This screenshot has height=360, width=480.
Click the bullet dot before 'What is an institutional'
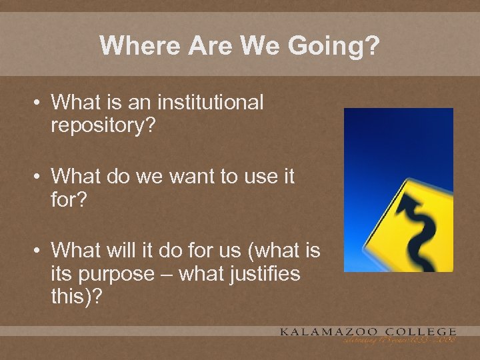coord(40,103)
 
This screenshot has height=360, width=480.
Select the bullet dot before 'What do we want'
coord(40,177)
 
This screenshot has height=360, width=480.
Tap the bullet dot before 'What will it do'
coord(40,251)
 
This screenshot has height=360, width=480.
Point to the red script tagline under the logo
coord(400,341)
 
